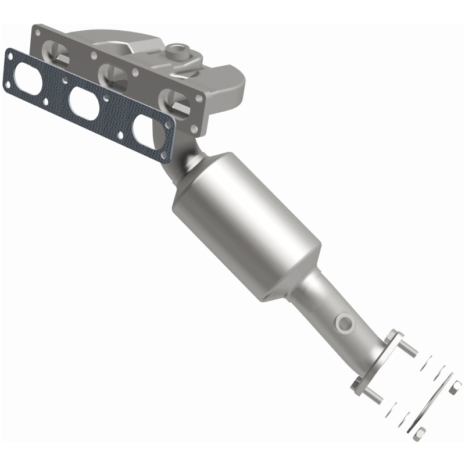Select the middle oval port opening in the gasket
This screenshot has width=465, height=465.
(x=83, y=102)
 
